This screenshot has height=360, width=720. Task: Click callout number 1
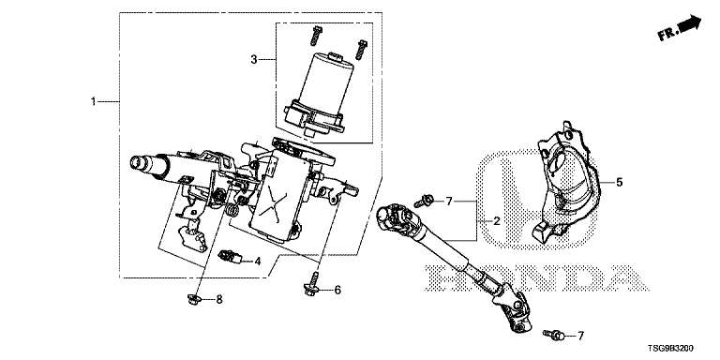click(x=93, y=101)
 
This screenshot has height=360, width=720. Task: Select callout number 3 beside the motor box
click(x=254, y=59)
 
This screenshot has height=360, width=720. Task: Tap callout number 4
click(x=257, y=262)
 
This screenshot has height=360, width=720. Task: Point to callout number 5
click(x=620, y=182)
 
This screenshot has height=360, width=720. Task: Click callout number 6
click(x=337, y=290)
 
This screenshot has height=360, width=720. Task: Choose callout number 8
click(x=219, y=300)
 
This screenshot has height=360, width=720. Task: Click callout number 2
click(x=496, y=221)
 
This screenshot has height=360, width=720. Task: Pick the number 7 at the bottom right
click(x=580, y=337)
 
